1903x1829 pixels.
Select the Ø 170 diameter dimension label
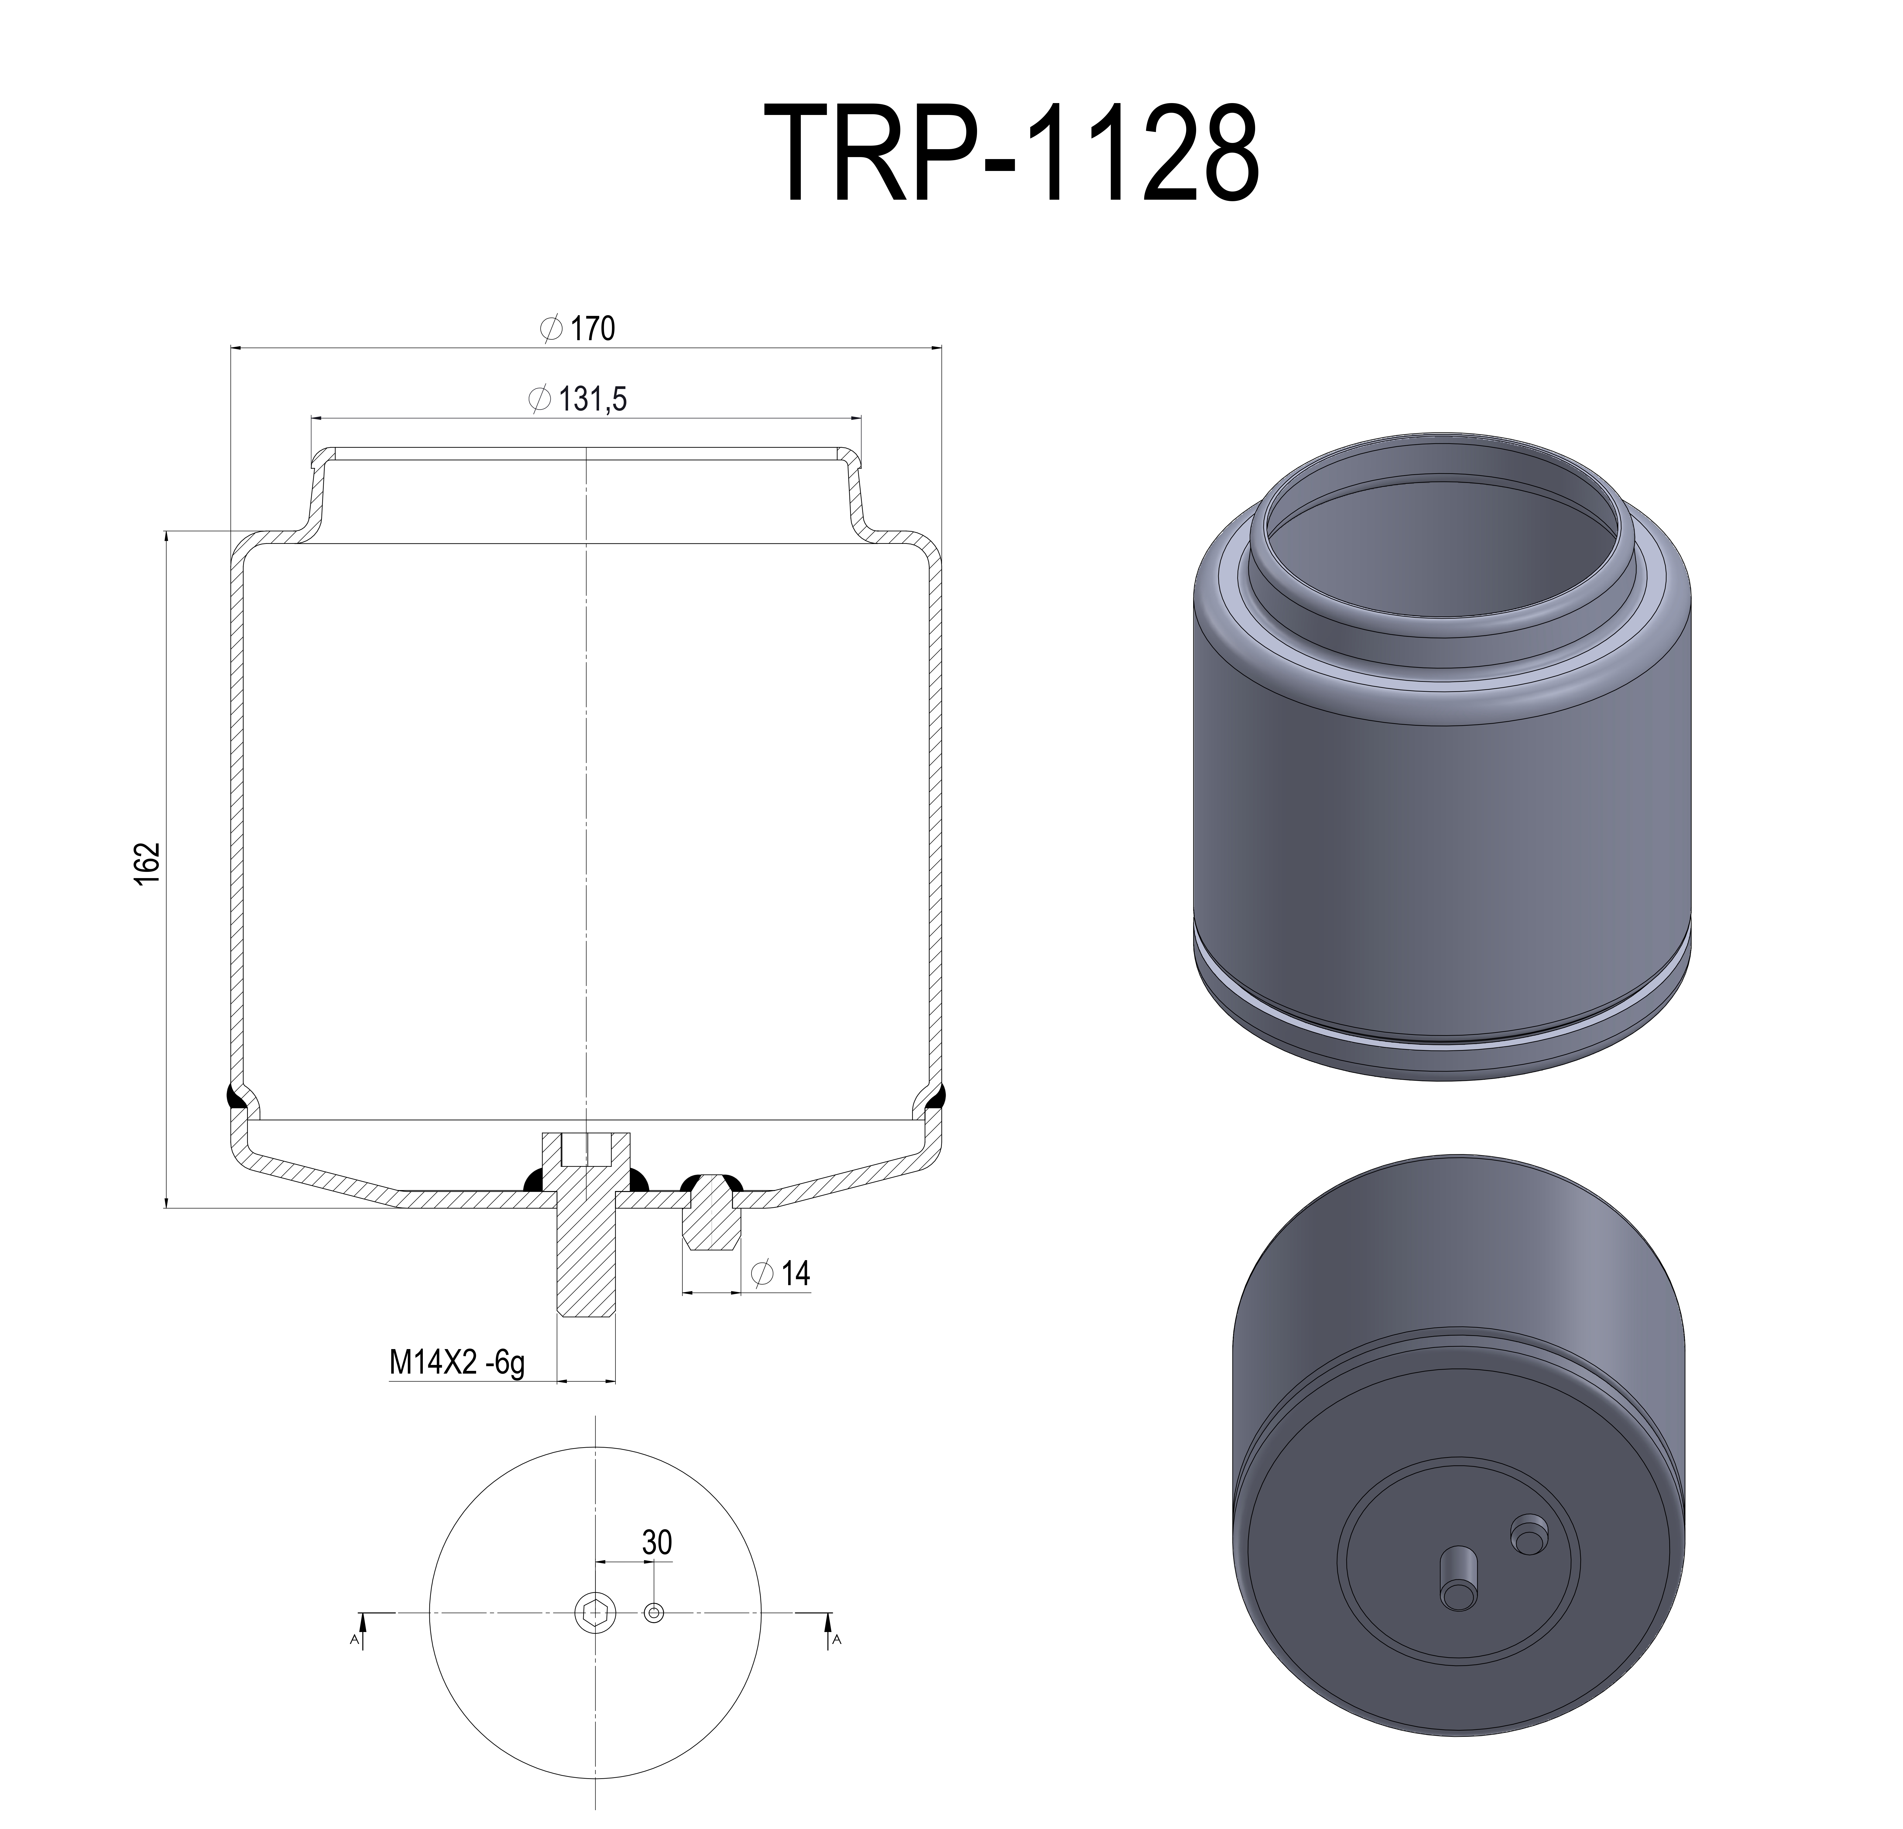click(x=579, y=329)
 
